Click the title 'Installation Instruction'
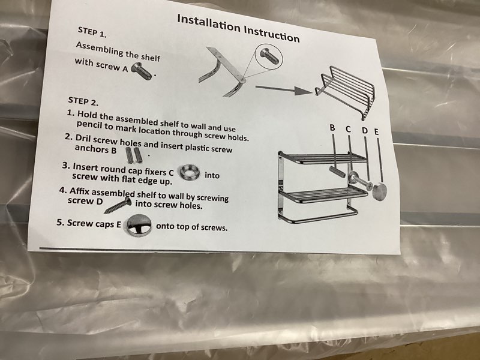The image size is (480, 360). coord(238,28)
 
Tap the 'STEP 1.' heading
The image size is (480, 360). coord(92,32)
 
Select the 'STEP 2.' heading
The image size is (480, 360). coord(83,101)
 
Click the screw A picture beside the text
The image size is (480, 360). coord(142,71)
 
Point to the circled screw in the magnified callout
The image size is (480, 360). coord(269,56)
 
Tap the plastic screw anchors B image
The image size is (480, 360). coord(134,155)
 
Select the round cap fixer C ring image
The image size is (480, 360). coord(190,172)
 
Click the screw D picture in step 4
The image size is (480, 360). coord(118,205)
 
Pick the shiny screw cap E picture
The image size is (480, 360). coord(139,226)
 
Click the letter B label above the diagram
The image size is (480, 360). coord(332,127)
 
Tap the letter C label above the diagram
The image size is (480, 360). coord(349,129)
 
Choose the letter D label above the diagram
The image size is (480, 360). coord(365,131)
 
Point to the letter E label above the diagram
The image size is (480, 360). coord(377,131)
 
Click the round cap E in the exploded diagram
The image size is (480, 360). coord(379,191)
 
